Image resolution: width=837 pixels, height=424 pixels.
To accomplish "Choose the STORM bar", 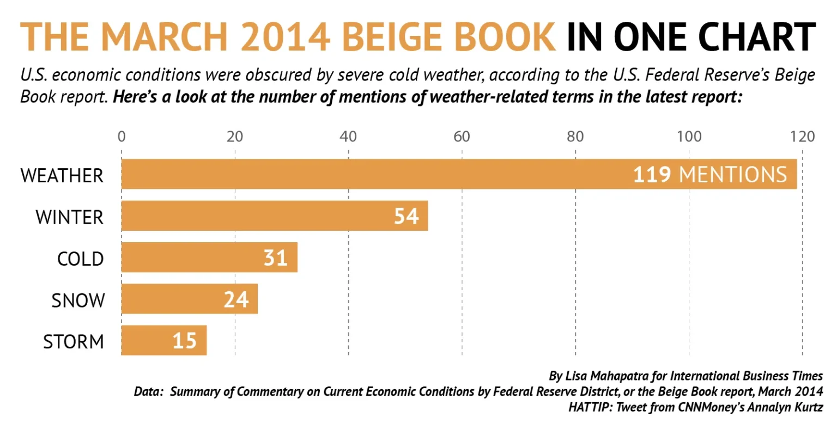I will tap(147, 341).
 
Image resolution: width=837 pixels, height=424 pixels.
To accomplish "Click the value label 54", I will tap(406, 216).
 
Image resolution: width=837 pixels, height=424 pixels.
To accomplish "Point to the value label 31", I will tap(275, 257).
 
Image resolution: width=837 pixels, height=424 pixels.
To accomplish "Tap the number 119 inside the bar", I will tap(651, 175).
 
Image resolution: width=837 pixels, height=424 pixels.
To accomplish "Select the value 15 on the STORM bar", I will tap(185, 341).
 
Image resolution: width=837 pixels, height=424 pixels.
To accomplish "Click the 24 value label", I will tap(236, 299).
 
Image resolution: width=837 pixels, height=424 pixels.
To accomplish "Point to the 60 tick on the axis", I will tap(462, 136).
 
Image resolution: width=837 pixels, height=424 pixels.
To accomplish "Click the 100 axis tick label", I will tap(688, 136).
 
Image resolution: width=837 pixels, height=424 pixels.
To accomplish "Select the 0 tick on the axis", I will tap(122, 136).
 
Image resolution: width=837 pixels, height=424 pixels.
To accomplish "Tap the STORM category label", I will tap(73, 342).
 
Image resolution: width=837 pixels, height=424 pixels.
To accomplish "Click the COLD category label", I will tap(80, 259).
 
